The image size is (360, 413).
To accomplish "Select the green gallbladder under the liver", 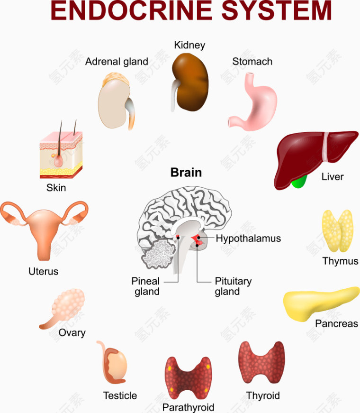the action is pyautogui.click(x=299, y=182).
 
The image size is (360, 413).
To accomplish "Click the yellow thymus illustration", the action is pyautogui.click(x=338, y=231).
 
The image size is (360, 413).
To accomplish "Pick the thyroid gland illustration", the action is pyautogui.click(x=261, y=363).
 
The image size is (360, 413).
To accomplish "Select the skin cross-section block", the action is pyautogui.click(x=61, y=154).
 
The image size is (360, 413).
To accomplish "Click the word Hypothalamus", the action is pyautogui.click(x=248, y=239).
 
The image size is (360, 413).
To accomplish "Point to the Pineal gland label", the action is pyautogui.click(x=146, y=286).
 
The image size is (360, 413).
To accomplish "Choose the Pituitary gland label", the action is pyautogui.click(x=233, y=286).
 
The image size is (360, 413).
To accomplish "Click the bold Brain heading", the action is pyautogui.click(x=186, y=173).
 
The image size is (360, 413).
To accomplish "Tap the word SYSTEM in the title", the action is pyautogui.click(x=276, y=10).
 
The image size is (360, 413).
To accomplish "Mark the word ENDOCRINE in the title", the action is pyautogui.click(x=131, y=10).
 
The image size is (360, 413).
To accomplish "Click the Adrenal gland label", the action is pyautogui.click(x=117, y=62).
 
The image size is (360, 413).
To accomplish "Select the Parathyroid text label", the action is pyautogui.click(x=188, y=407).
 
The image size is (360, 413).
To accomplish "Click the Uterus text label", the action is pyautogui.click(x=44, y=271).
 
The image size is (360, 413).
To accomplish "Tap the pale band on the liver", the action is pyautogui.click(x=326, y=147).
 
